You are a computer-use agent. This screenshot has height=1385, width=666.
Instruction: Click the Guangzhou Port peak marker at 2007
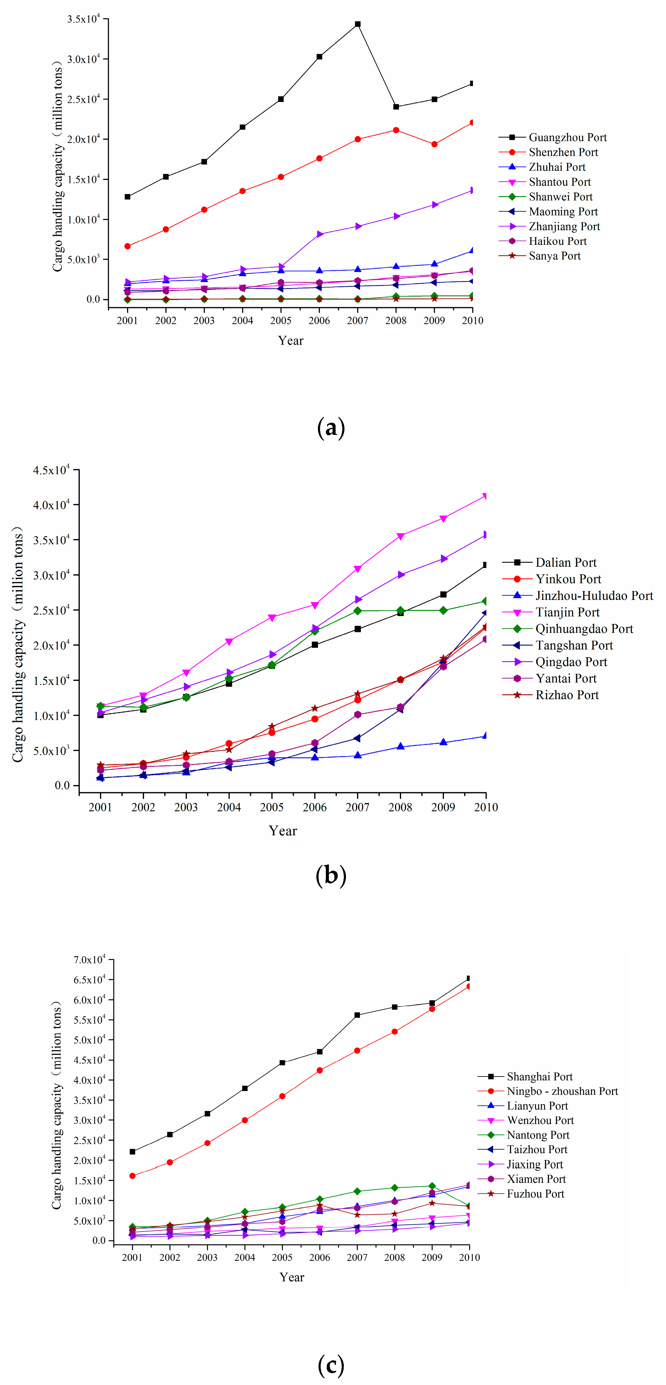[358, 24]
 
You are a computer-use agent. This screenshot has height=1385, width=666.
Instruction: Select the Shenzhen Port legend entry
[563, 152]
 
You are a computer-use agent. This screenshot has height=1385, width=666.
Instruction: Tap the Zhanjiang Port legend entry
[564, 226]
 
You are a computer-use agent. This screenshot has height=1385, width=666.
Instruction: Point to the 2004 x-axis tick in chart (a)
[242, 320]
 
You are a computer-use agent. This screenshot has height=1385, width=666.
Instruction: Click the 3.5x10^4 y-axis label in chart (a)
[83, 19]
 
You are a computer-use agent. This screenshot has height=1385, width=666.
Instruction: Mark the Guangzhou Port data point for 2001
[127, 197]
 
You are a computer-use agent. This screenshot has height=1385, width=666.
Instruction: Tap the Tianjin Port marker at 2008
[400, 536]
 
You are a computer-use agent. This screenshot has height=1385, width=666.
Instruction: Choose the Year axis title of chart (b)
[283, 831]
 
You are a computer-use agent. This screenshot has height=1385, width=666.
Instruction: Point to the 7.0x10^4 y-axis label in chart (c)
[89, 960]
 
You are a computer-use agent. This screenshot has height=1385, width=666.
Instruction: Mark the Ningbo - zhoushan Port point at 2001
[132, 1176]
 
